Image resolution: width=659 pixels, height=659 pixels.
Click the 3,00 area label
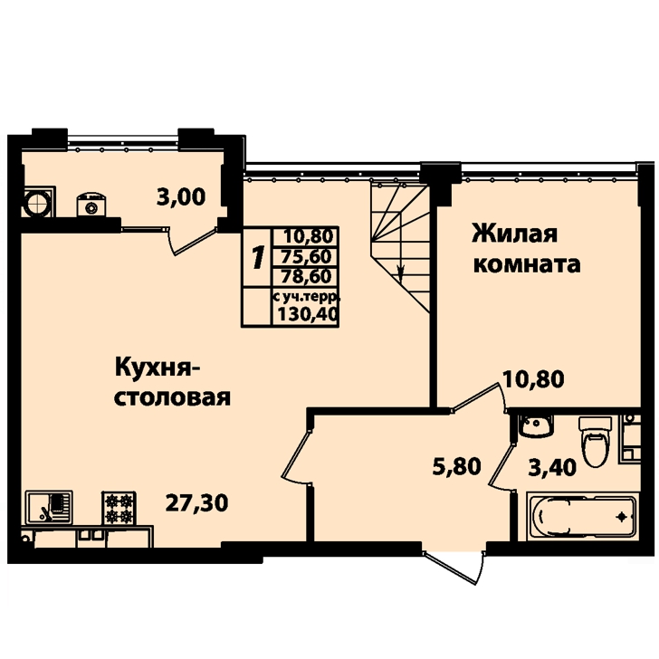coord(181,196)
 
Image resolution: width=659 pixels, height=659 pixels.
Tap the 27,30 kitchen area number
coord(196,502)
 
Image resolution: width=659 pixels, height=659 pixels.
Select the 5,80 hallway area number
coord(457,466)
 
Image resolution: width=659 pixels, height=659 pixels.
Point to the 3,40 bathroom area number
coord(552,468)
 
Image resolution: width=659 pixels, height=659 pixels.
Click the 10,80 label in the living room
coord(534,379)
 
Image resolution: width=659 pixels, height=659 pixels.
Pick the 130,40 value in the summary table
coord(308,313)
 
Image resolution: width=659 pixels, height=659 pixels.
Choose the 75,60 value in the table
coord(308,256)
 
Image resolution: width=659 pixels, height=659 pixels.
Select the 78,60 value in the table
coord(308,276)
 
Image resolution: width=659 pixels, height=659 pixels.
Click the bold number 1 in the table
coord(258,257)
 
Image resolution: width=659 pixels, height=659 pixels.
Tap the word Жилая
coord(515,234)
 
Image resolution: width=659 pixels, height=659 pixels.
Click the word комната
coord(527,265)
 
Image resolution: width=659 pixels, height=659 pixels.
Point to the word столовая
coord(172,397)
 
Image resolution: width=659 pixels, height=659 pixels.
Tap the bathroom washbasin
coord(536,425)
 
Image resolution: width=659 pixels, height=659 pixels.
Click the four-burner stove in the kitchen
coord(119,508)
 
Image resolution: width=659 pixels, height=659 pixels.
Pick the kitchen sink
coord(49,507)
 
